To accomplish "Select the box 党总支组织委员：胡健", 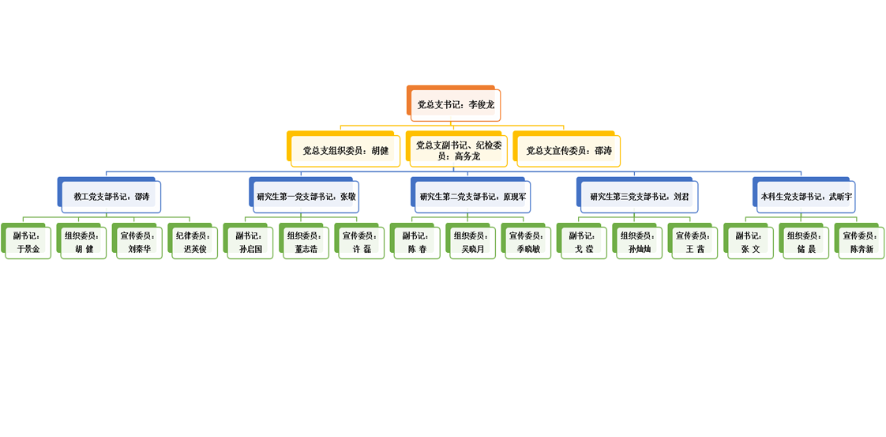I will pos(345,151).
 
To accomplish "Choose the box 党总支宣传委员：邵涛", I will pos(569,151).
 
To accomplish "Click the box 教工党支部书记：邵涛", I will pos(111,195).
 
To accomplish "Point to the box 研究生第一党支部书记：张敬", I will pos(306,195).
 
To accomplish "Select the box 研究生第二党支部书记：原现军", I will pos(472,195).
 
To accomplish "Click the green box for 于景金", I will pos(28,242).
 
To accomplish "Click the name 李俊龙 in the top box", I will pos(482,104).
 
